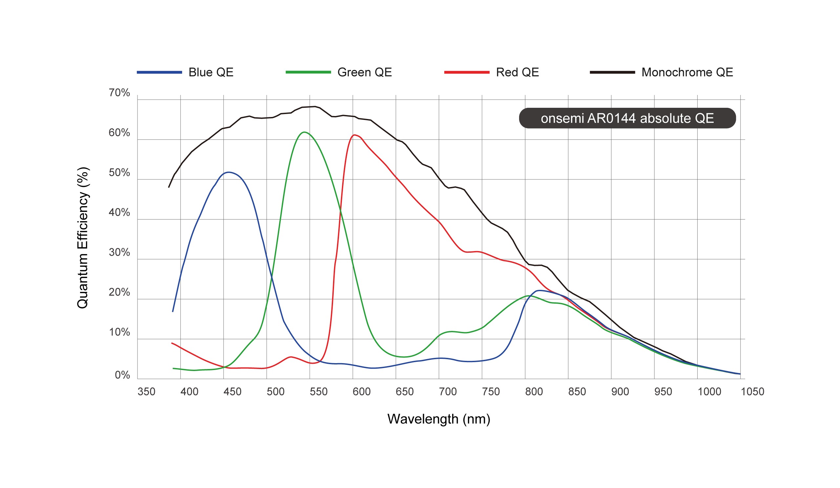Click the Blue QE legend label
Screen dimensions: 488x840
pos(211,72)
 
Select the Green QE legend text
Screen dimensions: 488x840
pos(364,72)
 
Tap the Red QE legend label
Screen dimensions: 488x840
pos(517,72)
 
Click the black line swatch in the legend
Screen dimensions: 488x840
pos(612,72)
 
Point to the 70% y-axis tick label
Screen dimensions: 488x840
pos(119,93)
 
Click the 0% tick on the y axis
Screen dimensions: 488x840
pos(122,375)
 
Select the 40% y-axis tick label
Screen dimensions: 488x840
pos(119,212)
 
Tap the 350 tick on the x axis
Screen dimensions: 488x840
pos(146,391)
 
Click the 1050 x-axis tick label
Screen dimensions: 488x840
pos(752,391)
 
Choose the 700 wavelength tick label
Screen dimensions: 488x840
pos(447,391)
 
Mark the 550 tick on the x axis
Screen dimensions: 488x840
pos(318,391)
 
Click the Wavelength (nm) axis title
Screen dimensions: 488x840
pos(439,419)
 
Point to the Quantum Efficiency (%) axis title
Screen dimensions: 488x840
pos(83,238)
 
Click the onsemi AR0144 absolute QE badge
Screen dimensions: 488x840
pos(627,118)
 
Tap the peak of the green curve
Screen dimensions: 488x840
pos(304,132)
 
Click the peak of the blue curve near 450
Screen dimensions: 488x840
pos(229,172)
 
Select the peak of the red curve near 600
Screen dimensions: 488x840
pos(354,135)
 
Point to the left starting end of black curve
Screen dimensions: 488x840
pos(169,187)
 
